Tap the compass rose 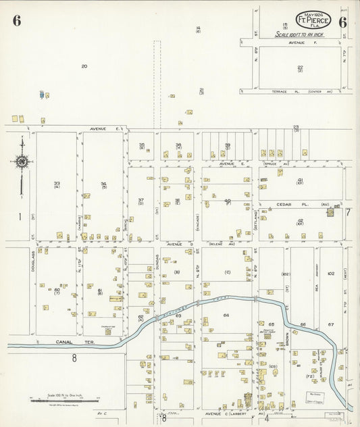tap(22, 161)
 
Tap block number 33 tap(57, 183)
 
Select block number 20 tap(84, 66)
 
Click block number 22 tap(300, 68)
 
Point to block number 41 tap(300, 181)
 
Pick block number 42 tap(300, 221)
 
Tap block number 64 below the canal tap(226, 315)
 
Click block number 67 tap(331, 324)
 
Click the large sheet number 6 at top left tap(16, 20)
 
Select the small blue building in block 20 tap(42, 95)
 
